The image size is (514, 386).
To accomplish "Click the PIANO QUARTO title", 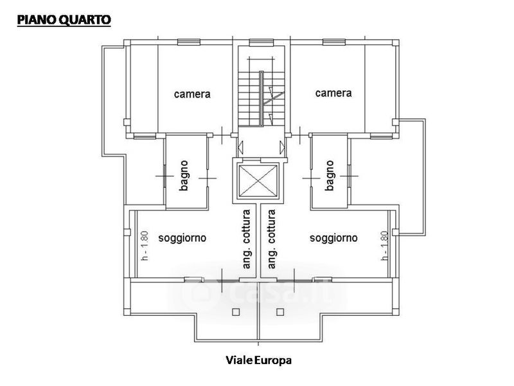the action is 64,19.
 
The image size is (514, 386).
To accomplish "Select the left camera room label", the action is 193,94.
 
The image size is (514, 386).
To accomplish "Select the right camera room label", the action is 333,93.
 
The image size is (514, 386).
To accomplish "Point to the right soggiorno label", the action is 333,238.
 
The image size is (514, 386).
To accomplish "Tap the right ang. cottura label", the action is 272,238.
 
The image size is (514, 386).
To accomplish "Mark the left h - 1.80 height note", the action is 144,246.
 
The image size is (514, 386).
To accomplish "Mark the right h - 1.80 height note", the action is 384,246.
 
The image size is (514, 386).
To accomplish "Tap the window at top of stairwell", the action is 259,43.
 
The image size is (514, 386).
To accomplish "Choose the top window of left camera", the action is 188,43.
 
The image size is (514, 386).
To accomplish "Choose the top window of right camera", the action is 333,43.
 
